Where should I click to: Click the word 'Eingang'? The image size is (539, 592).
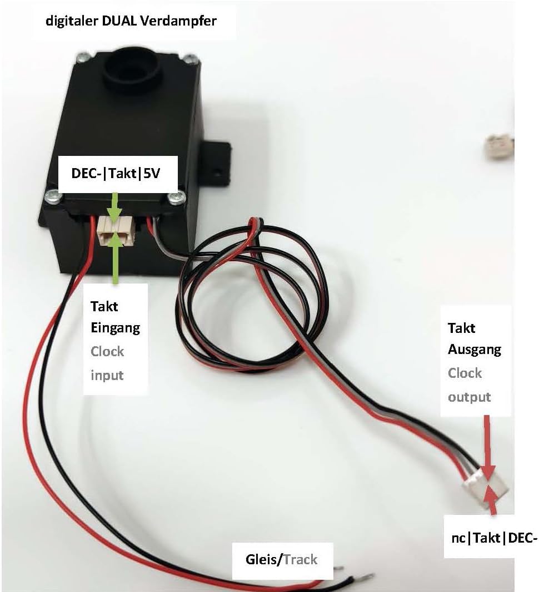115,328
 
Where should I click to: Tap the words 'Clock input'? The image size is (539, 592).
108,363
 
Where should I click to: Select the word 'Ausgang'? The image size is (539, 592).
475,350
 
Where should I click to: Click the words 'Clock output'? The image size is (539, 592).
470,384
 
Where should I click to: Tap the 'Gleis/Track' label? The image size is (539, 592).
282,559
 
